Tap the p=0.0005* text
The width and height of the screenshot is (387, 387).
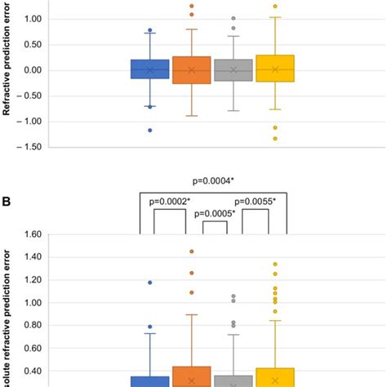212,214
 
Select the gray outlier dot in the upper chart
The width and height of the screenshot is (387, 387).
234,18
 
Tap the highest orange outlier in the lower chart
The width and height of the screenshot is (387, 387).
192,251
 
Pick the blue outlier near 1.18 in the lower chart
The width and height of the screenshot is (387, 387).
149,282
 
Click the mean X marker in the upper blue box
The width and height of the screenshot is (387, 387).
149,70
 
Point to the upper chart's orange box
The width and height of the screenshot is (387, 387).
192,70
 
